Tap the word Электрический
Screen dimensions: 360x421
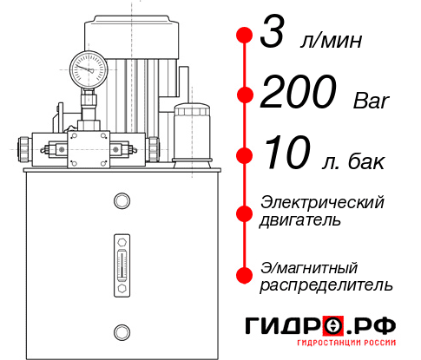pos(322,202)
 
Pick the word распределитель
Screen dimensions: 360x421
pos(326,284)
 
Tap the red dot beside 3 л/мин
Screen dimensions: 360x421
pos(245,36)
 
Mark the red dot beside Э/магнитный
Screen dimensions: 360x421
pos(245,273)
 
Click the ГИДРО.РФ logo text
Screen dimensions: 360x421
pos(319,326)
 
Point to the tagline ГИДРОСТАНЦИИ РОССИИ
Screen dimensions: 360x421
pos(320,345)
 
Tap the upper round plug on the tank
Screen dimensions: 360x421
pos(121,202)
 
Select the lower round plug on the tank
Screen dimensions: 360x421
pos(121,331)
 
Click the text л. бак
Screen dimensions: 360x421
pos(361,161)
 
